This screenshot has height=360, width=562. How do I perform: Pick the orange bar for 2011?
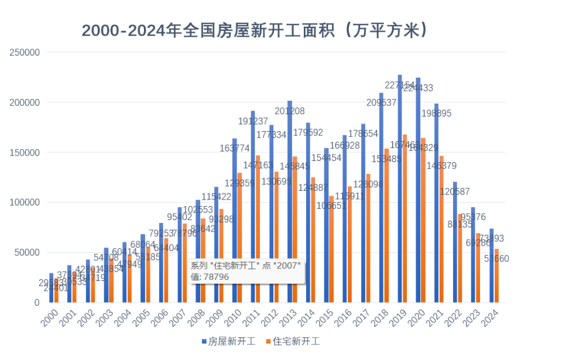pos(258,229)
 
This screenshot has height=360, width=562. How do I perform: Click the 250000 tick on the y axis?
pos(25,52)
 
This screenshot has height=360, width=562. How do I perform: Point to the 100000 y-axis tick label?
pos(25,203)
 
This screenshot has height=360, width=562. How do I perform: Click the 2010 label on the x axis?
pos(234,318)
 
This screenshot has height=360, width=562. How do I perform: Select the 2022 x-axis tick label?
pos(454,318)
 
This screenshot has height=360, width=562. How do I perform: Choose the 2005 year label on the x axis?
pos(142,318)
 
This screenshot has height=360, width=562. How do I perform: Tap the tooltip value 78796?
pos(216,277)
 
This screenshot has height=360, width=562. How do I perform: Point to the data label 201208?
pos(290,111)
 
